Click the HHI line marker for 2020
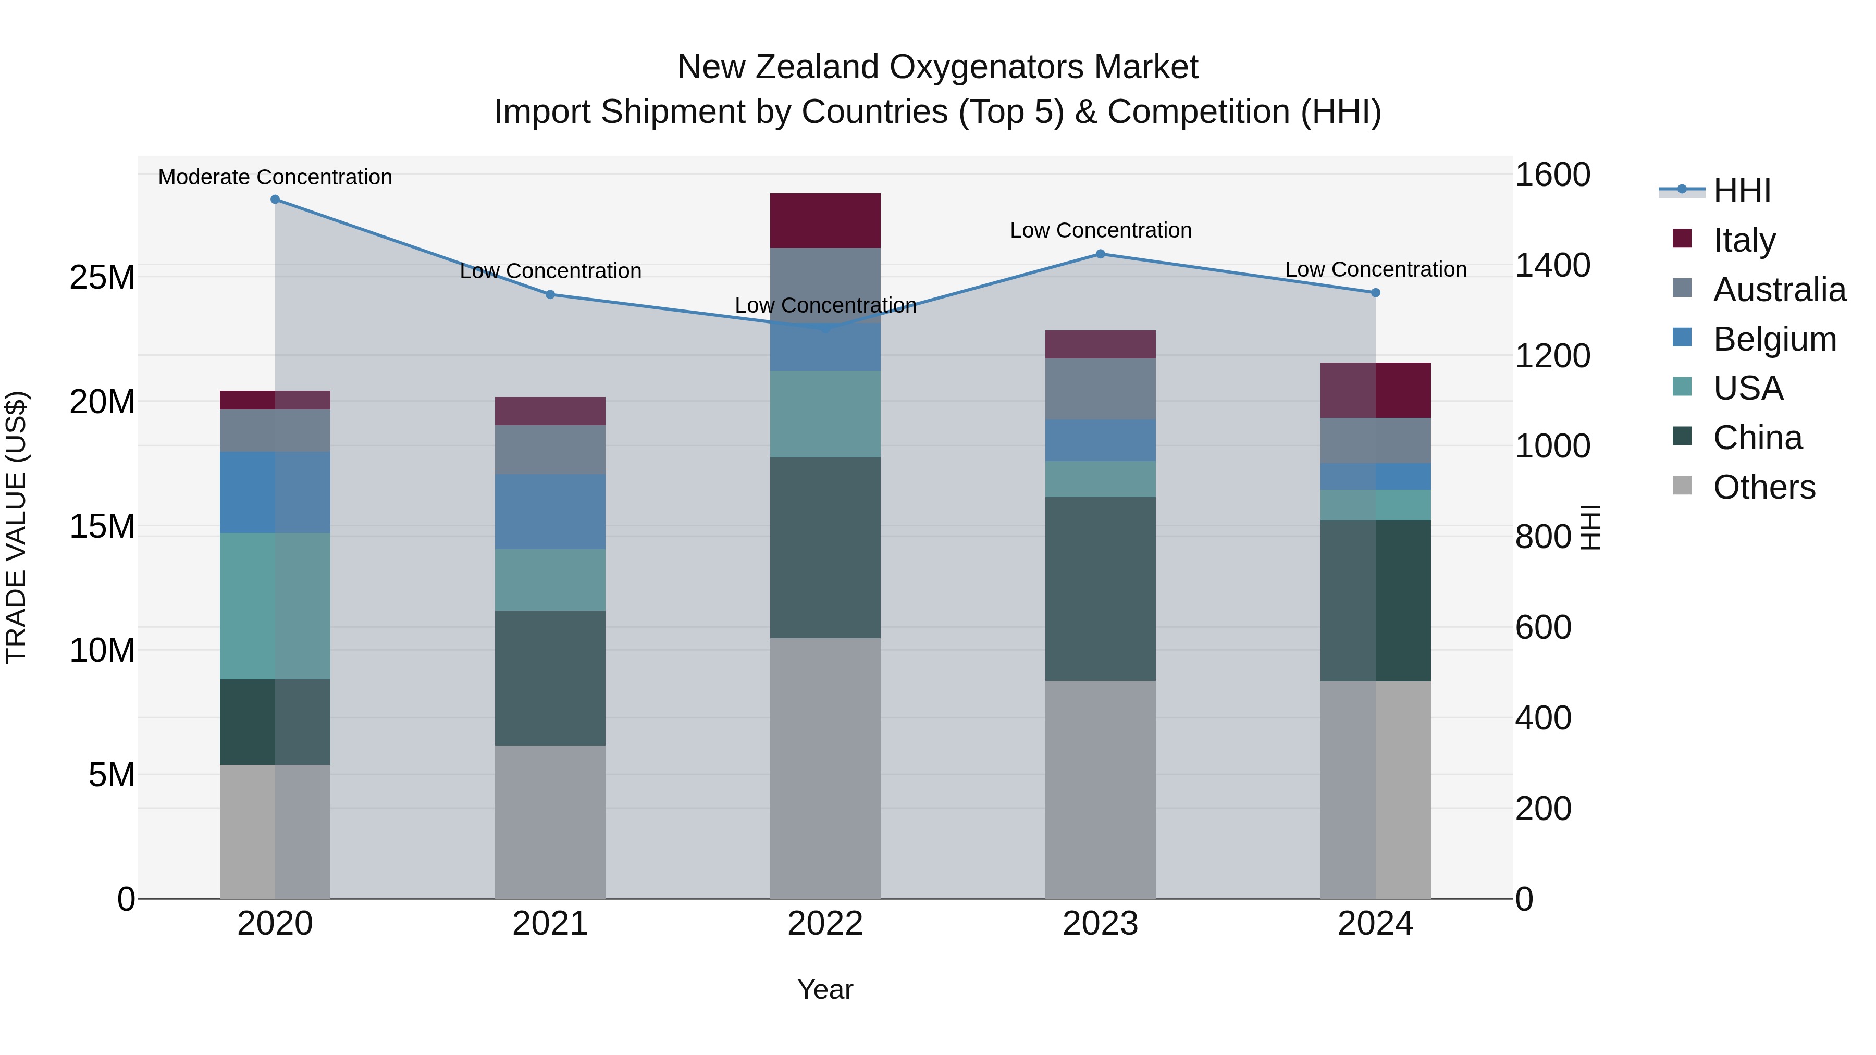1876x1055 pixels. tap(275, 200)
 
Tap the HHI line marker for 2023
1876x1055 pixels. tap(1101, 254)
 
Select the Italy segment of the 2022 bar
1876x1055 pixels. tap(825, 220)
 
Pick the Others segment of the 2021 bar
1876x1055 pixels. tap(550, 821)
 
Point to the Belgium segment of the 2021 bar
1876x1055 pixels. tap(550, 511)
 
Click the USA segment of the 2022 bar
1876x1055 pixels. tap(825, 414)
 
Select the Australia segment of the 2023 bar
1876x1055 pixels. tap(1101, 389)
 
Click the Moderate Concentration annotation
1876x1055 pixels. tap(275, 177)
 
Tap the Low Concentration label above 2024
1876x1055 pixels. tap(1375, 269)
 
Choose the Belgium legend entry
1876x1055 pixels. tap(1773, 339)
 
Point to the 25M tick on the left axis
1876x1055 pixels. tap(102, 277)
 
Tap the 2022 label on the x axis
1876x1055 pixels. tap(825, 923)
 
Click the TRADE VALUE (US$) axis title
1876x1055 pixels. tap(16, 527)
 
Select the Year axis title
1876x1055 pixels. tap(825, 989)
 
